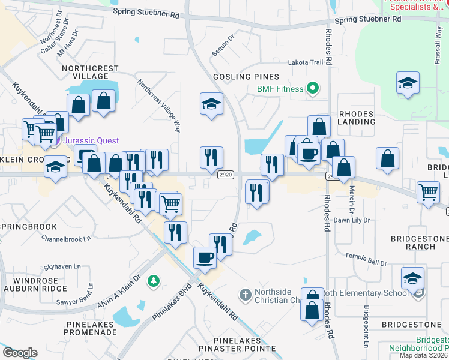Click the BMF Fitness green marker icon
tap(312, 90)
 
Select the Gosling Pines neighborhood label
tap(247, 77)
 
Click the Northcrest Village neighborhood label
tap(90, 72)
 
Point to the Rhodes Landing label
tap(357, 118)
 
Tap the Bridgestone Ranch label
tap(420, 242)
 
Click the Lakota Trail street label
tap(306, 62)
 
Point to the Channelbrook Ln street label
tap(66, 238)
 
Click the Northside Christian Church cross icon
tap(244, 295)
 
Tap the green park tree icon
tap(154, 280)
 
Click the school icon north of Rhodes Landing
tap(408, 83)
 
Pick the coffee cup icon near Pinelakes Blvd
tap(204, 257)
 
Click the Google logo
tap(20, 353)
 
